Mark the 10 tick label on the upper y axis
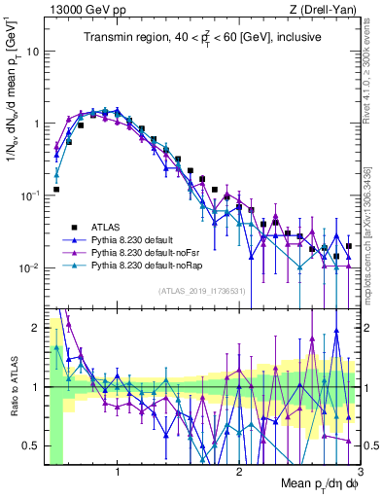tap(32, 52)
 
